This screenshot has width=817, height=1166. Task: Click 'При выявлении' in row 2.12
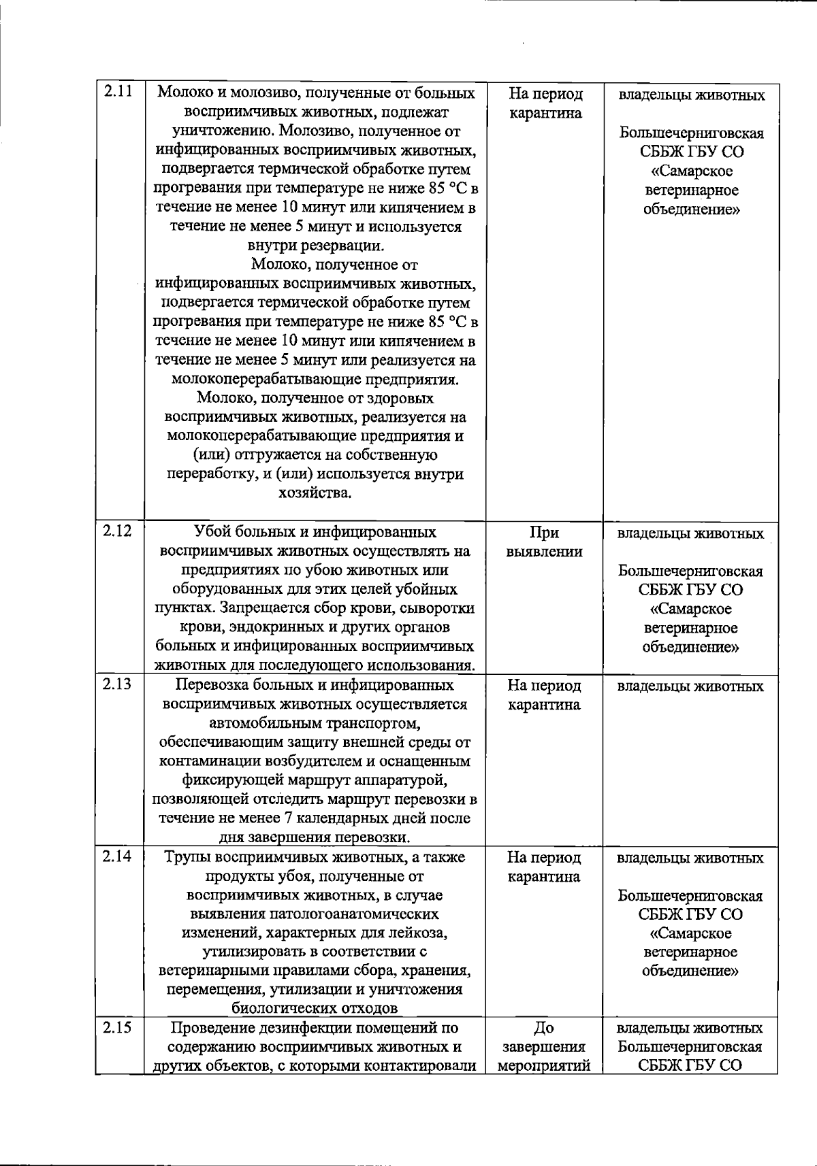[x=544, y=542]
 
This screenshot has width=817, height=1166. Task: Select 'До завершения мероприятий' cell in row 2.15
[x=544, y=1046]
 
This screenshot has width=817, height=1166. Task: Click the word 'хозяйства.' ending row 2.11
[x=315, y=493]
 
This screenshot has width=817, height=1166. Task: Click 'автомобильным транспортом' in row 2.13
[x=315, y=723]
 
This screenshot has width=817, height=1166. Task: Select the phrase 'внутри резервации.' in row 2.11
[x=315, y=246]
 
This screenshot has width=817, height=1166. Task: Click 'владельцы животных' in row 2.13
[x=690, y=686]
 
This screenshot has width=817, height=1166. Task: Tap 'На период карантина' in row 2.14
[x=544, y=867]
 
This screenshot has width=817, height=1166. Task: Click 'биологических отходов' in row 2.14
[x=315, y=1008]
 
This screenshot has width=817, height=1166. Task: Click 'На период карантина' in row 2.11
[x=545, y=103]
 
